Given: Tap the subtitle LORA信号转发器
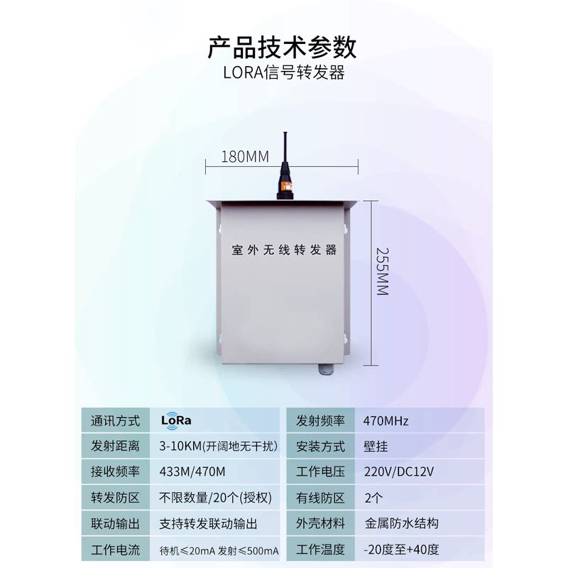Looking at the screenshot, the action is click(283, 74).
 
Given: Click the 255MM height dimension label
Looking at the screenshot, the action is click(382, 271).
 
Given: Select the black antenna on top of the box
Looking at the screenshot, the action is click(284, 167).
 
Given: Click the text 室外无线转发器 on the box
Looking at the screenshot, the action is click(284, 251).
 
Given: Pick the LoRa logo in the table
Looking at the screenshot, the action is click(177, 420).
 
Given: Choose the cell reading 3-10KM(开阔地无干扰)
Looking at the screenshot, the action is click(219, 447).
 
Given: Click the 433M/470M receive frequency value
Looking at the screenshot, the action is click(193, 472).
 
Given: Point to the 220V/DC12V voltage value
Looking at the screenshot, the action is click(398, 472).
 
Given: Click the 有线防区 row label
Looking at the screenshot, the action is click(320, 498).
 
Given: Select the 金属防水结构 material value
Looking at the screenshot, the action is click(401, 523).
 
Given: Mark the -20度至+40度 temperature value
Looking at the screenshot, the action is click(401, 550).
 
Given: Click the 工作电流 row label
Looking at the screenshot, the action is click(116, 550).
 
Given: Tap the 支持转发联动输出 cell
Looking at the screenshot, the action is click(209, 523).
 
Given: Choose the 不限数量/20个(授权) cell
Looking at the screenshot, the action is click(216, 498).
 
